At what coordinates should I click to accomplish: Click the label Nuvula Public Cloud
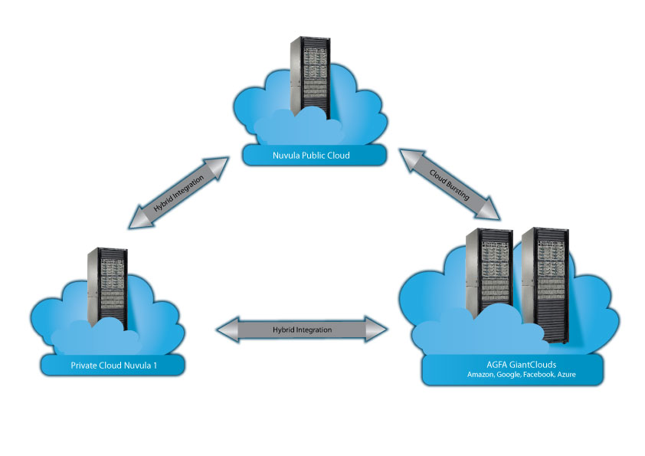click(x=311, y=156)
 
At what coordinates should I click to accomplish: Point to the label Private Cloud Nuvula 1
click(x=113, y=366)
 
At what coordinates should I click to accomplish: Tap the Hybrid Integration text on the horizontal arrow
click(x=303, y=330)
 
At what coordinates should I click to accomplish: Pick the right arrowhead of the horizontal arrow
click(x=379, y=330)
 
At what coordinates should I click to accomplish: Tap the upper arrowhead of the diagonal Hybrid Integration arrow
click(x=220, y=164)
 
